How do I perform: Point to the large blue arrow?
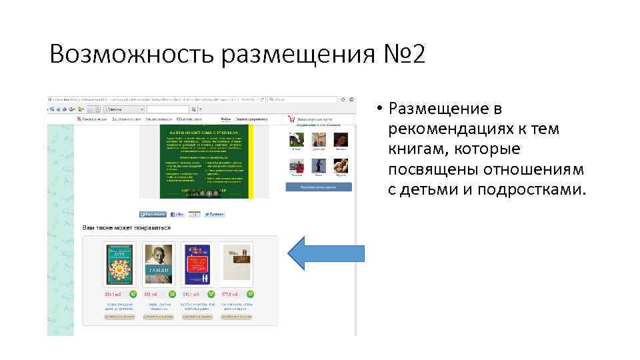pos(326,253)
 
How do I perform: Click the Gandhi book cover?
pos(159,263)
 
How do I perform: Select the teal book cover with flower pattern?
pos(120,263)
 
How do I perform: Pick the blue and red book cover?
pos(197,263)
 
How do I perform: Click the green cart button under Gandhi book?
pos(172,293)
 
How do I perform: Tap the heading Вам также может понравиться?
pos(126,228)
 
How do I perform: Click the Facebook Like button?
pos(177,215)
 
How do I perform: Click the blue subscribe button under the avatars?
pos(319,188)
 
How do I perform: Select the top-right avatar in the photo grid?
pos(341,139)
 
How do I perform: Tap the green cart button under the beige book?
pos(249,293)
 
